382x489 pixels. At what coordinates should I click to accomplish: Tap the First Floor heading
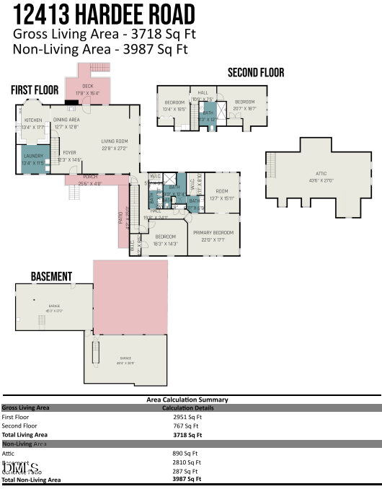click(34, 89)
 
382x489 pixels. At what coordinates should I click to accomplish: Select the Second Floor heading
click(256, 72)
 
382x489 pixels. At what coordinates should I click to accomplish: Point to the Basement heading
click(51, 276)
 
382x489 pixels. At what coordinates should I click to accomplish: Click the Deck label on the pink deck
click(88, 87)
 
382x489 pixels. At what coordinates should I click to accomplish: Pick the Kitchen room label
click(34, 120)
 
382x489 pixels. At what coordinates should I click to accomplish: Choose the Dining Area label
click(66, 120)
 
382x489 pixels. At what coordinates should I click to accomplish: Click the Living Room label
click(114, 141)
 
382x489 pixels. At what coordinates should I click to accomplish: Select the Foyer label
click(69, 152)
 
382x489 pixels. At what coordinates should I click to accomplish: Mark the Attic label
click(321, 173)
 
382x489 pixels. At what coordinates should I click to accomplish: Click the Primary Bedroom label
click(213, 232)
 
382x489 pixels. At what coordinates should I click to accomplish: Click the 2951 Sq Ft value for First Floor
click(187, 417)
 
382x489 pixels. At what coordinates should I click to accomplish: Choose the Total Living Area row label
click(25, 435)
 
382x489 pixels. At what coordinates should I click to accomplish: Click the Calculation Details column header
click(187, 408)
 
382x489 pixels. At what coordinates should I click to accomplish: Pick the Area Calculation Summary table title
click(187, 400)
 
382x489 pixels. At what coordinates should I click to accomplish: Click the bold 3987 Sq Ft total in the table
click(187, 479)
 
